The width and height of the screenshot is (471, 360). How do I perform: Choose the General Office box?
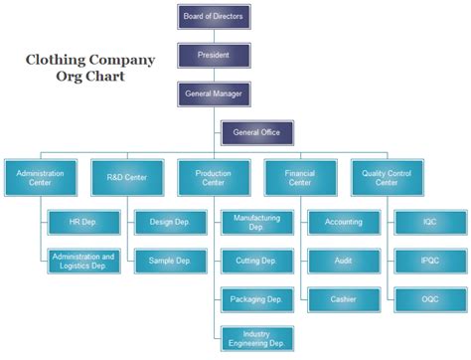tap(255, 132)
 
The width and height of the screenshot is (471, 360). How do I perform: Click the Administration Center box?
tap(39, 179)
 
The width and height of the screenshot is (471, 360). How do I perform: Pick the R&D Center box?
tap(126, 179)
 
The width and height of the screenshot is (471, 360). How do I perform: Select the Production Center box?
tap(213, 179)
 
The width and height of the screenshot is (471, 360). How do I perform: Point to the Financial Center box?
tap(300, 179)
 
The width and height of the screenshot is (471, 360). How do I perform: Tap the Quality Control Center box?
tap(387, 179)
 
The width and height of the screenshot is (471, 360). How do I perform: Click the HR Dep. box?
tap(82, 222)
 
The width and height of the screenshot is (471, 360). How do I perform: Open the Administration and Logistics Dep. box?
tap(82, 262)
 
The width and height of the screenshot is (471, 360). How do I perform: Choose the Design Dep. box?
tap(169, 222)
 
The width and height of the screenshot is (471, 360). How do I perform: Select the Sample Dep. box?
tap(169, 262)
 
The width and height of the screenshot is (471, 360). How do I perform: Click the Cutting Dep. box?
tap(256, 262)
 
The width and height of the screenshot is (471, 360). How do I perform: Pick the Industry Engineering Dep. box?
tap(256, 339)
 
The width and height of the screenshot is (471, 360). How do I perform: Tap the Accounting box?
tap(343, 222)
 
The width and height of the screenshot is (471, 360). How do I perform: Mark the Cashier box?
tap(343, 298)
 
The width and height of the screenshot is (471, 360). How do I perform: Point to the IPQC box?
tap(429, 262)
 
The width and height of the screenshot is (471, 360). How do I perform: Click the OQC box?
tap(429, 298)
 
